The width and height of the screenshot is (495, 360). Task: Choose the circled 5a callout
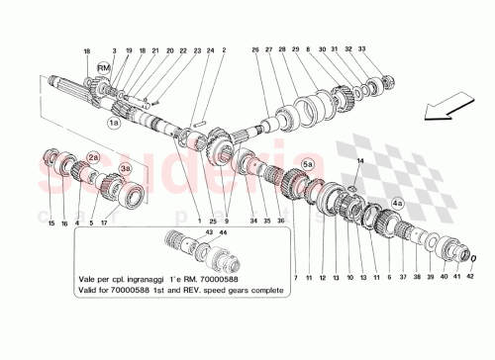pyautogui.click(x=307, y=164)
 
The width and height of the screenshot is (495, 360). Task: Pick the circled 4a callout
pyautogui.click(x=396, y=203)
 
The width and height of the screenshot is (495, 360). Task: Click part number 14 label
pyautogui.click(x=359, y=160)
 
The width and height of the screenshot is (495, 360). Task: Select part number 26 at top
pyautogui.click(x=254, y=48)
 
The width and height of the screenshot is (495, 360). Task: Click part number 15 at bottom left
pyautogui.click(x=52, y=224)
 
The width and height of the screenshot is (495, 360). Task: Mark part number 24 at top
pyautogui.click(x=211, y=48)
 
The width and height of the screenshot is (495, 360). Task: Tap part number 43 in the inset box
pyautogui.click(x=209, y=232)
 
